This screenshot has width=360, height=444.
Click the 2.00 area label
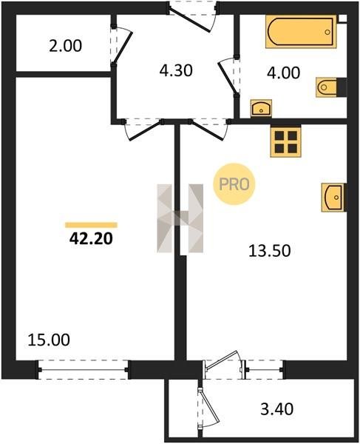[65, 46]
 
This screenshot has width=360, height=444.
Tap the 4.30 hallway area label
[176, 70]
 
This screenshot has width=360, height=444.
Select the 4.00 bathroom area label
[283, 73]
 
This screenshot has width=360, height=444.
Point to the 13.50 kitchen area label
[270, 251]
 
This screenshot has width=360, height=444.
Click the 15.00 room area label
[49, 340]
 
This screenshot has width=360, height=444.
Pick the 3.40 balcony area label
[277, 409]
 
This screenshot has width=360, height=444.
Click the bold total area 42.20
[91, 239]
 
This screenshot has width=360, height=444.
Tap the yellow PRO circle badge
[234, 184]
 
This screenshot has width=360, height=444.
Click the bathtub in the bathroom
[301, 31]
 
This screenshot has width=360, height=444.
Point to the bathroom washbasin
[261, 108]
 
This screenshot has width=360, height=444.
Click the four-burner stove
[285, 141]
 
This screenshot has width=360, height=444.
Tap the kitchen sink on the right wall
[333, 198]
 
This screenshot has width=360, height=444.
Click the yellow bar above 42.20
[91, 225]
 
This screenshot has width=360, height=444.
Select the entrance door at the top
[192, 16]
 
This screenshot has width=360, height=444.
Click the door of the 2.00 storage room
[121, 46]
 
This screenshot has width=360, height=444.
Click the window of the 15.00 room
[83, 370]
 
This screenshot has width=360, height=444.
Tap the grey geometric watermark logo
[180, 218]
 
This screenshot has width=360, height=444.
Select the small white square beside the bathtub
[343, 18]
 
